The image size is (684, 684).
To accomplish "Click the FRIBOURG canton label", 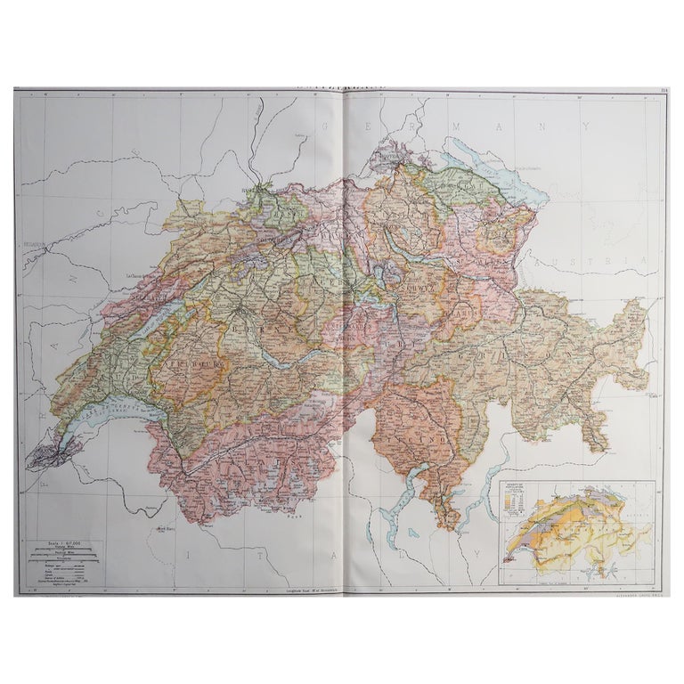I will pyautogui.click(x=191, y=367).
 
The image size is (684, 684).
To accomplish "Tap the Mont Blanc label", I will pyautogui.click(x=163, y=528).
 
